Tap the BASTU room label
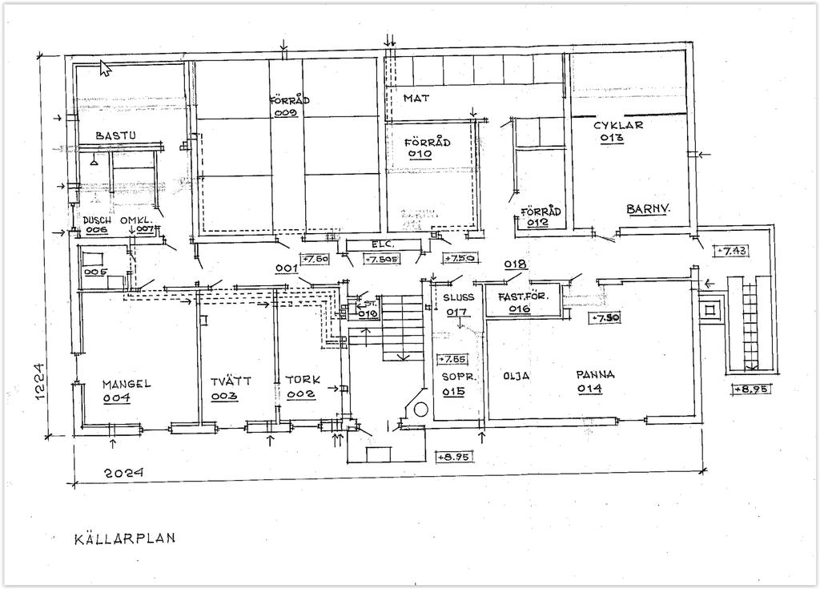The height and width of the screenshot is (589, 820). coord(115,136)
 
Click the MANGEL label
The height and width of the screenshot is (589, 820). coord(126,384)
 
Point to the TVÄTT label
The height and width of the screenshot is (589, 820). coord(231,381)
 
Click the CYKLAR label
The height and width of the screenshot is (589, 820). coord(617,125)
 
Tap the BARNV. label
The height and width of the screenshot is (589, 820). coord(647,208)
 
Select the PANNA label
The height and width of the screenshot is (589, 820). coord(595,374)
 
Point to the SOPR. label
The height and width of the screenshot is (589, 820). coord(459,375)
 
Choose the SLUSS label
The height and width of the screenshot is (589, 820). coord(458,297)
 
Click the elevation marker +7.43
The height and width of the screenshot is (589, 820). coord(732,250)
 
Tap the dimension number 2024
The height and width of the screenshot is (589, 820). coord(124,474)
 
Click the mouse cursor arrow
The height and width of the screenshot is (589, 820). coord(105,67)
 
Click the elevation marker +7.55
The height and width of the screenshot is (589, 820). coord(452,359)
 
